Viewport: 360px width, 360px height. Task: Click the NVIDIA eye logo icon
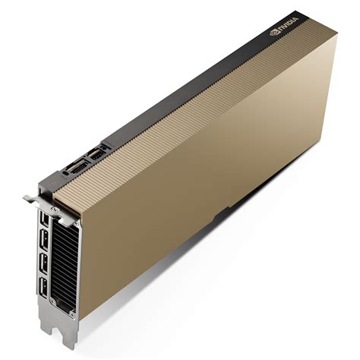point(274,34)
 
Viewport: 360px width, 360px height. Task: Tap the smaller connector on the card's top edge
point(96,153)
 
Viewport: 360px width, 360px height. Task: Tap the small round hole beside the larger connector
point(65,172)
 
